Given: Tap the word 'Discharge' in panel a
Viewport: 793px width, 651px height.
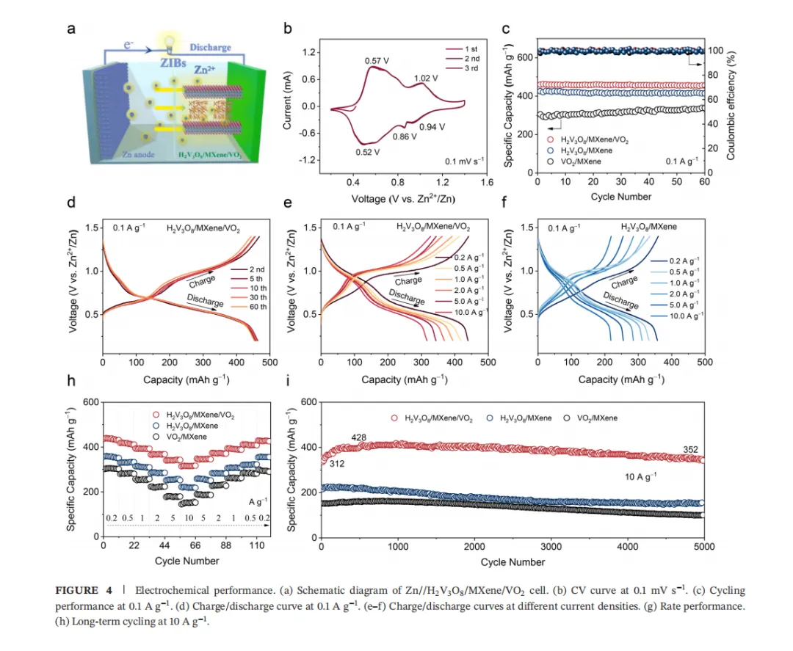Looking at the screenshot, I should tap(210, 48).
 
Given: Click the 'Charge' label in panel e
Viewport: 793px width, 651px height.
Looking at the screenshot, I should tap(408, 280).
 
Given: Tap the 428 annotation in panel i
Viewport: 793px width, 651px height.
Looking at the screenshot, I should tap(359, 438).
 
